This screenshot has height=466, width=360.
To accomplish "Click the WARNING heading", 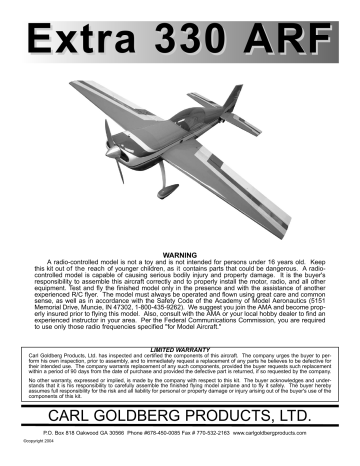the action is coord(180,243).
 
